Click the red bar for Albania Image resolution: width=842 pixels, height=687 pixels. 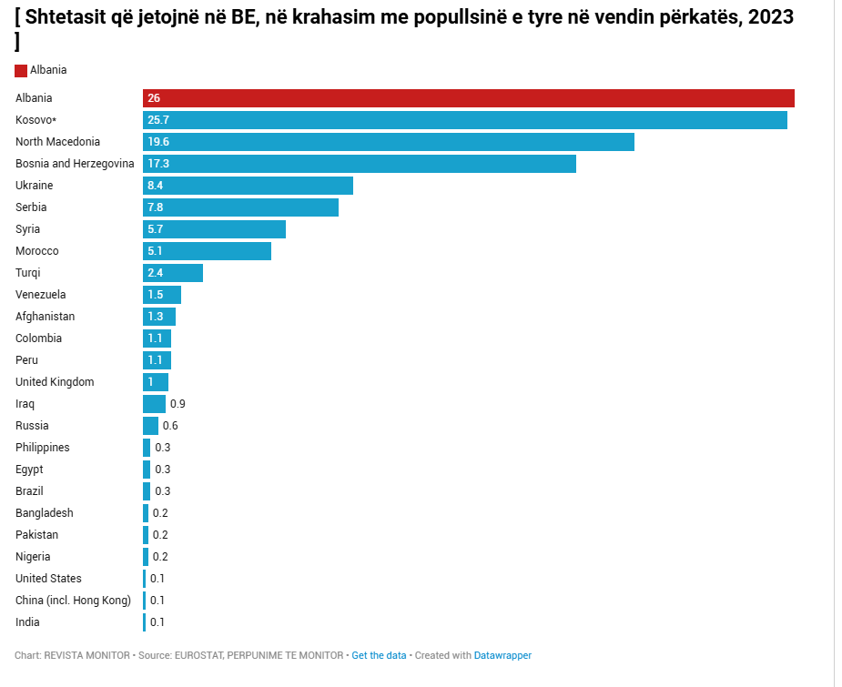click(x=469, y=98)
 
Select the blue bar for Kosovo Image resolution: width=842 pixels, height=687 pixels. click(x=465, y=120)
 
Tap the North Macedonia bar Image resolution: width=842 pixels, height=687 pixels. click(x=389, y=142)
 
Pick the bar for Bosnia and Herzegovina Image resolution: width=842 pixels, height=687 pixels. click(x=360, y=164)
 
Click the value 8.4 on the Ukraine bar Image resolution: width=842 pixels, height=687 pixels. click(x=155, y=186)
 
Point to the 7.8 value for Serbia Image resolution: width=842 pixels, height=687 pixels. click(x=155, y=207)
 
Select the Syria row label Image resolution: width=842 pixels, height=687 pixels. click(x=28, y=229)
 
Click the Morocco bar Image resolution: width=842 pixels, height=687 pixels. click(x=208, y=251)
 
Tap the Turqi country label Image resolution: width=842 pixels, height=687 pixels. click(x=28, y=273)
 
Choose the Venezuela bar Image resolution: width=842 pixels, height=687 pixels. click(x=162, y=295)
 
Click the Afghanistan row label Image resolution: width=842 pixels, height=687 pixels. click(x=46, y=317)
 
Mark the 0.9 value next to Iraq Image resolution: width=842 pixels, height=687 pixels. click(x=178, y=404)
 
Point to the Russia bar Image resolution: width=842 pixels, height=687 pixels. click(x=150, y=426)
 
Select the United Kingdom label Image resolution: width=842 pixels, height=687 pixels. click(x=55, y=382)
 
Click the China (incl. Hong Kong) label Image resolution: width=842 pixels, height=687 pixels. click(x=74, y=601)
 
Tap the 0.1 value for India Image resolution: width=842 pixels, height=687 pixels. click(x=157, y=622)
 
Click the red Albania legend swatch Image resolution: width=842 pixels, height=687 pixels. click(x=21, y=71)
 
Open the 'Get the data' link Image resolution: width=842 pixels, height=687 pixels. click(x=379, y=655)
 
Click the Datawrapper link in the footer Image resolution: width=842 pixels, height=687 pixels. click(x=503, y=655)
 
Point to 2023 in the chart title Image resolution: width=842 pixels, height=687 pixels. click(x=769, y=16)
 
